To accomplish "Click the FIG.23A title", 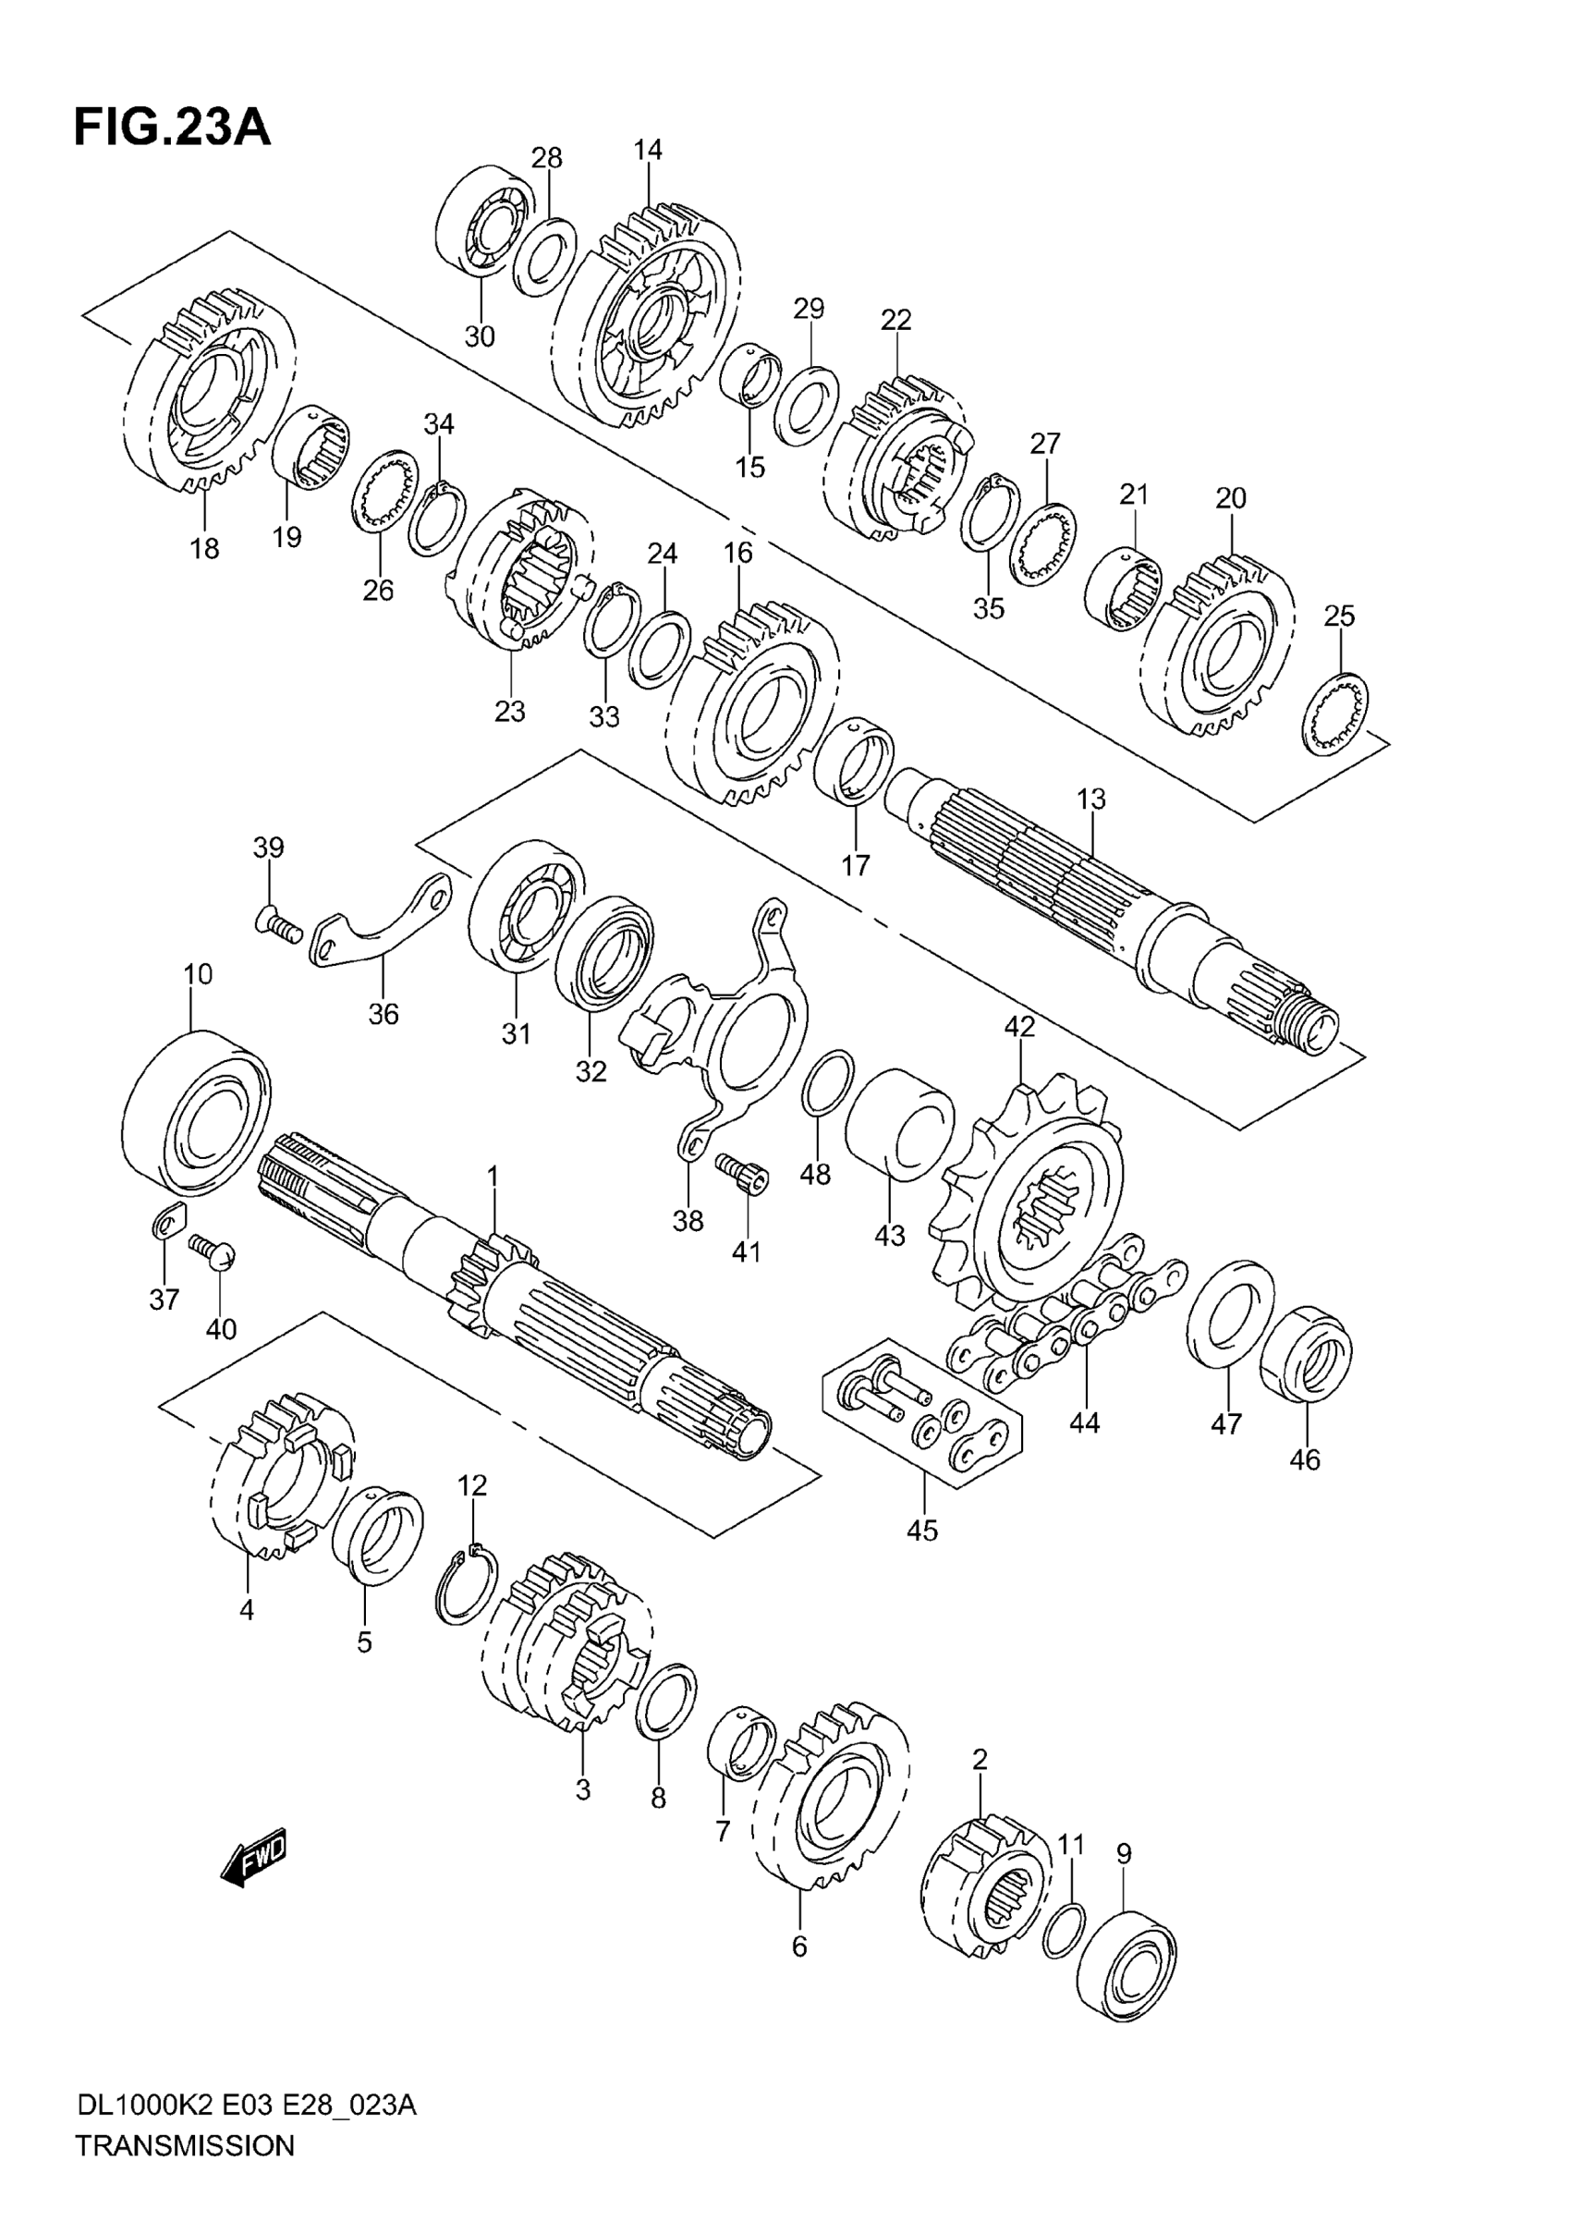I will pos(172,128).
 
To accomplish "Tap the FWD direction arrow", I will pos(254,1855).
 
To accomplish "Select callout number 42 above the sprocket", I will pos(1018,1026).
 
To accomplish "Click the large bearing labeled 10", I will pos(198,1114).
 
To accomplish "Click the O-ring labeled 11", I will pos(1064,1930).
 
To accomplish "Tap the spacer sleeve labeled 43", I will pos(897,1124).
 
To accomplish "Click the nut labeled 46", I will pos(1306,1353).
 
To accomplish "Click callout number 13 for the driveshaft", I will pos(1091,800).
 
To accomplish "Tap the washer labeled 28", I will pos(543,256).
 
